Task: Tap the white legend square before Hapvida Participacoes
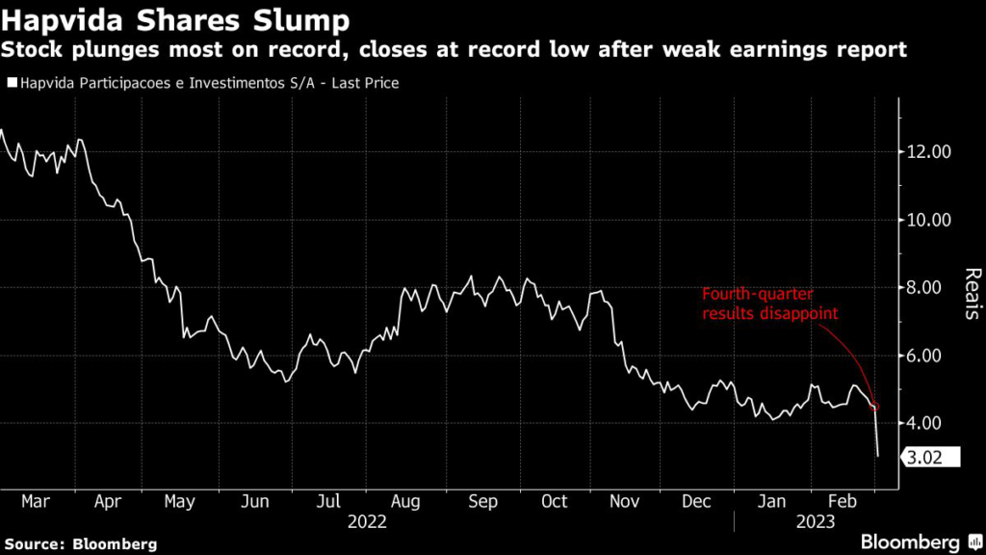(x=12, y=84)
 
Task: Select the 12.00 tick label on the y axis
(x=929, y=152)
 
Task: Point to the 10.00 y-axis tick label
(x=929, y=220)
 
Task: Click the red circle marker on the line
(x=874, y=406)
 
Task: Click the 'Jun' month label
(x=256, y=502)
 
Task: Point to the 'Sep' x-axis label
(x=484, y=502)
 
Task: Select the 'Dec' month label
(x=696, y=502)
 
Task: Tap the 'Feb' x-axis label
(x=843, y=502)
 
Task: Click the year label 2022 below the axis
(x=367, y=521)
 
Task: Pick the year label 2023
(x=814, y=521)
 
